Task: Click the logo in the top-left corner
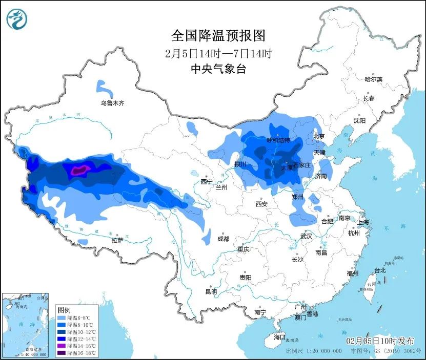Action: tap(16, 19)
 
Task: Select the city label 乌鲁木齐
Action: tap(112, 103)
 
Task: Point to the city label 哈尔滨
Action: tap(373, 79)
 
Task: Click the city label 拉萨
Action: tap(117, 240)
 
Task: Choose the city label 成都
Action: tap(223, 239)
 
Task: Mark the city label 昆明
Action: tap(211, 291)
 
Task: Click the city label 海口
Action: tap(279, 337)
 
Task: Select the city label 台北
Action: tap(379, 270)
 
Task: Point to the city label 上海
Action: tap(363, 222)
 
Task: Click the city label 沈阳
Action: tap(359, 121)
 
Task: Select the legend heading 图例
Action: tap(64, 310)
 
